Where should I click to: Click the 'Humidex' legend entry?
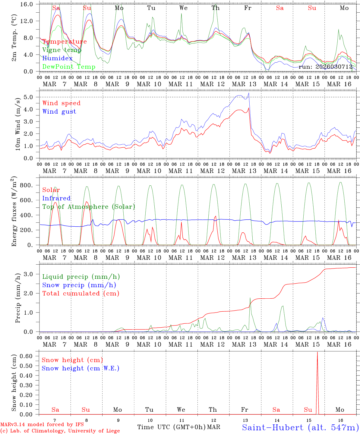click(57, 58)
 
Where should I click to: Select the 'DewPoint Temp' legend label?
click(69, 67)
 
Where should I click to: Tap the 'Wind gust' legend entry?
click(59, 112)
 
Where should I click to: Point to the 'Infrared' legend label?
click(56, 198)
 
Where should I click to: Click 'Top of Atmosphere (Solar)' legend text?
click(88, 207)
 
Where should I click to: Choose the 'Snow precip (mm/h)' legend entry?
click(79, 285)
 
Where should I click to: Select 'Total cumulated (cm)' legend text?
click(81, 294)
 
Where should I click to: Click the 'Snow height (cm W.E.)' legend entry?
click(81, 368)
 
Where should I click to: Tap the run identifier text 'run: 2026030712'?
click(325, 67)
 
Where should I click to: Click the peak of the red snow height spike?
click(317, 352)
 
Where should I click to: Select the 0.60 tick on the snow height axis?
click(28, 356)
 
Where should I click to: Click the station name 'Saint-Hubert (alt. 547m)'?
click(300, 427)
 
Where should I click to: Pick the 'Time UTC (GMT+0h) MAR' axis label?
click(179, 427)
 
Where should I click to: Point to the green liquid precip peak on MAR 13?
click(250, 298)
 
